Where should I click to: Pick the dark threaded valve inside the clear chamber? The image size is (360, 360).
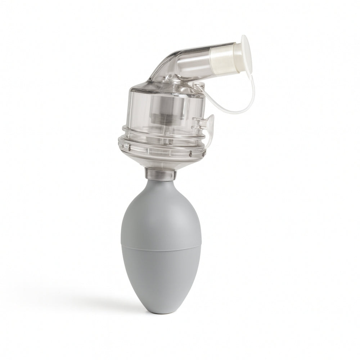click(x=161, y=117)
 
